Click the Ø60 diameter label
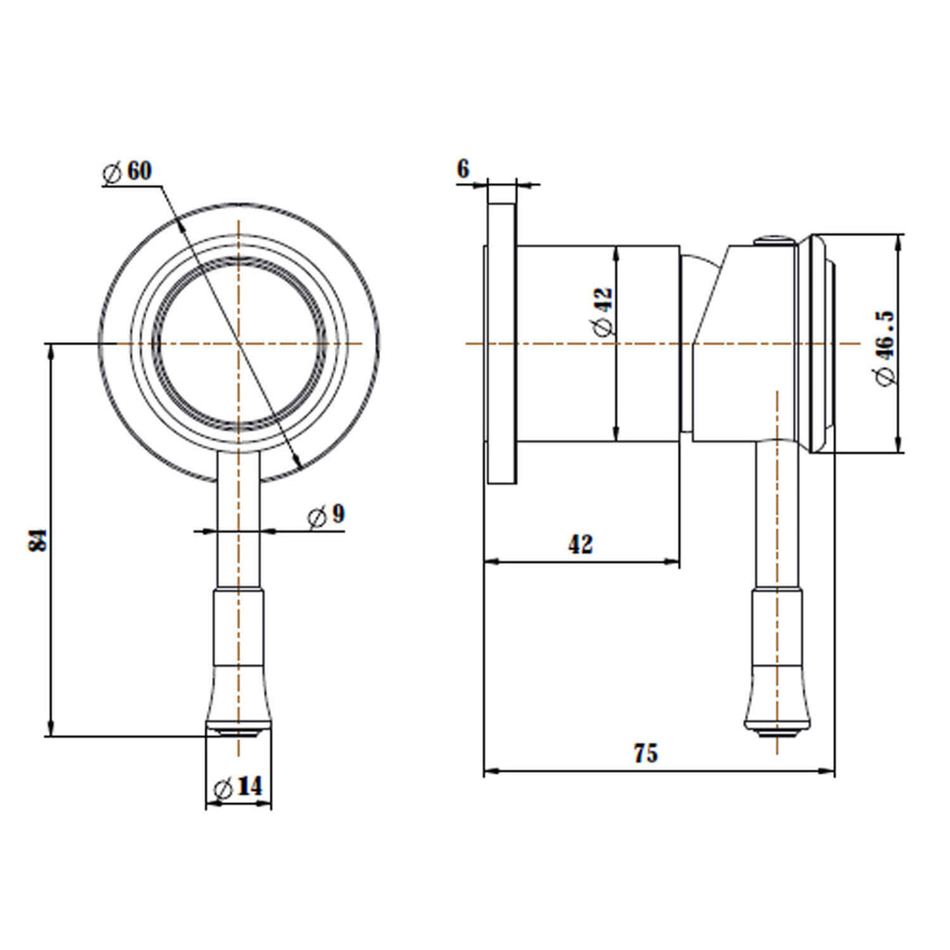click(x=128, y=172)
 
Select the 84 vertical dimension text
click(x=38, y=539)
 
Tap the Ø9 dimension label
click(x=326, y=516)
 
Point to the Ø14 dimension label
click(x=238, y=787)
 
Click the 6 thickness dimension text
click(x=464, y=168)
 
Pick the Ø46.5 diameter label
click(x=885, y=347)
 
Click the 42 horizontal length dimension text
click(x=580, y=544)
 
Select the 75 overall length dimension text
click(x=646, y=754)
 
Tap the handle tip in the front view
click(x=238, y=730)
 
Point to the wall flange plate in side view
click(x=502, y=343)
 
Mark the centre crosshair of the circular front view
click(x=238, y=343)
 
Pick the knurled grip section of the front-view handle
click(x=238, y=629)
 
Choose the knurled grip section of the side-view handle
click(x=776, y=629)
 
